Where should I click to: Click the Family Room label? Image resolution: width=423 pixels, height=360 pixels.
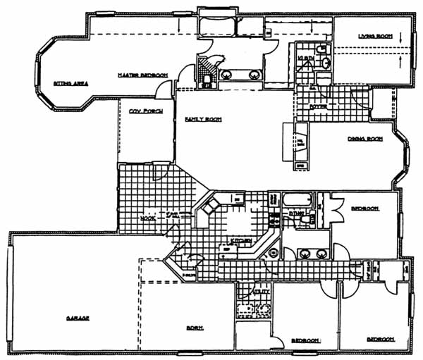(203, 120)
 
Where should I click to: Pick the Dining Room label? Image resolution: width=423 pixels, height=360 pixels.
(364, 139)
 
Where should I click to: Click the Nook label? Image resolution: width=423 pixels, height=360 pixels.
(147, 219)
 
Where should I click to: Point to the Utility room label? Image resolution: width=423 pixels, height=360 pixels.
(260, 290)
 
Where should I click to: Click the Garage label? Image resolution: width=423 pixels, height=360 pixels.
(78, 318)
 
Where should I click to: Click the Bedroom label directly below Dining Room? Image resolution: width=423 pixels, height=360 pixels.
(365, 209)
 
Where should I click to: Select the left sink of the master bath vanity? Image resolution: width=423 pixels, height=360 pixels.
(228, 73)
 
